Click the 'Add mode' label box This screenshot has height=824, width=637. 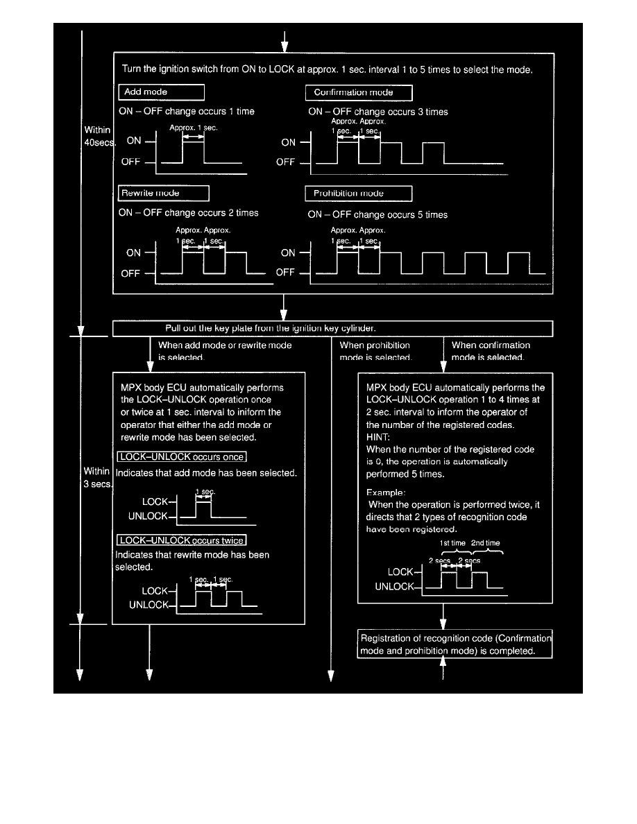(161, 92)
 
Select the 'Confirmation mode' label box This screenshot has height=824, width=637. (358, 92)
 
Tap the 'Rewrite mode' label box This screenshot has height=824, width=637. (164, 193)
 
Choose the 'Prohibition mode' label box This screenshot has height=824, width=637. (358, 193)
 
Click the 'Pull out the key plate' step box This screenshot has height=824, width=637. (332, 328)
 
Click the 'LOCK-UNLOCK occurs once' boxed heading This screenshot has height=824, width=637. (182, 458)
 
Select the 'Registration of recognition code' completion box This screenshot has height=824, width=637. (455, 645)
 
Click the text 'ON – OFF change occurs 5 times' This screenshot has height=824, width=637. (377, 215)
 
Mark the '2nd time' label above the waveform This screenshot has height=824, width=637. (485, 543)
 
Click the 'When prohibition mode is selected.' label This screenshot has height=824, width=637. (375, 351)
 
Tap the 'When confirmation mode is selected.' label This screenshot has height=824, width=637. (491, 351)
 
